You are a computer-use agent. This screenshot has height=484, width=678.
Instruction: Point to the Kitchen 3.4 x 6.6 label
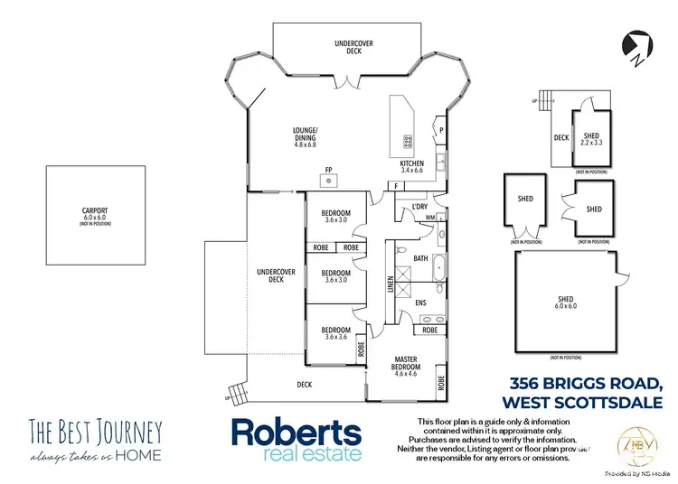point(411,168)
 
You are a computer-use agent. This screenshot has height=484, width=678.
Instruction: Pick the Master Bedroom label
point(406,364)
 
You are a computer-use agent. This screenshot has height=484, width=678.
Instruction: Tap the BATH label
point(420,258)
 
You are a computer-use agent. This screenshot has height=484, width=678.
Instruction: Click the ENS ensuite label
point(420,302)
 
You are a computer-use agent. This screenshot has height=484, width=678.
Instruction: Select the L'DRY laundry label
point(419,207)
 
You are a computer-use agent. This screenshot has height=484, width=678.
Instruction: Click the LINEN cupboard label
point(391,284)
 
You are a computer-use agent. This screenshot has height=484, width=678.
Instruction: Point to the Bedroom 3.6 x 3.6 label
point(335,333)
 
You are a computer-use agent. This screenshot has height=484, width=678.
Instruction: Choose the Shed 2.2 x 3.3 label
point(590,139)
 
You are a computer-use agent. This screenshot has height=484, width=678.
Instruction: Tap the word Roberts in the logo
point(297,432)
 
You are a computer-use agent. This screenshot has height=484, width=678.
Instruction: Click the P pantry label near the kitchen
point(441,129)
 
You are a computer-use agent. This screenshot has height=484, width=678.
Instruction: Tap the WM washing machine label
point(429,218)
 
